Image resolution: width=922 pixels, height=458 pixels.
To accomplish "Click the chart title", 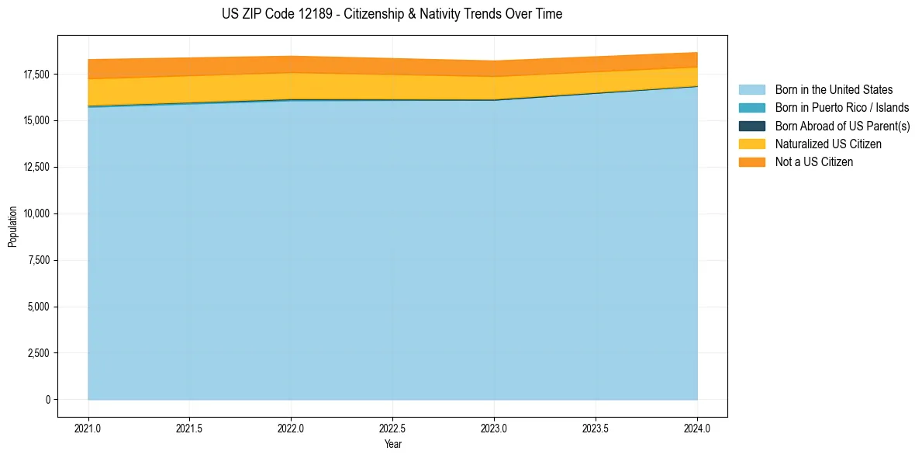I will pyautogui.click(x=392, y=14).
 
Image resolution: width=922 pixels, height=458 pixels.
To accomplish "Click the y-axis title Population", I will pyautogui.click(x=12, y=227).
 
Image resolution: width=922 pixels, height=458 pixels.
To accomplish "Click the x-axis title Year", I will pyautogui.click(x=392, y=445).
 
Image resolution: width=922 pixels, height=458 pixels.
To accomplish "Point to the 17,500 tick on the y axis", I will pyautogui.click(x=37, y=75).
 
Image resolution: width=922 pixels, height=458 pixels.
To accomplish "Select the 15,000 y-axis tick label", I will pyautogui.click(x=37, y=121).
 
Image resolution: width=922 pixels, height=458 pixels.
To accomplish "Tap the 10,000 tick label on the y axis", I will pyautogui.click(x=37, y=213).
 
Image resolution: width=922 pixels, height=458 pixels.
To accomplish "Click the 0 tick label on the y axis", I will pyautogui.click(x=48, y=400).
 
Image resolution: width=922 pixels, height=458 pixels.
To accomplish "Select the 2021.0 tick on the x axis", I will pyautogui.click(x=88, y=428).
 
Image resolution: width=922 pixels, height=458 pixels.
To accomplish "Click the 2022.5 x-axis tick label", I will pyautogui.click(x=392, y=428).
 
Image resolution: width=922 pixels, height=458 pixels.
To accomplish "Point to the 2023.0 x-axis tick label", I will pyautogui.click(x=494, y=428).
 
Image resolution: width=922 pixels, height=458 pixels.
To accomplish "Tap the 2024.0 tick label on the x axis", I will pyautogui.click(x=697, y=428).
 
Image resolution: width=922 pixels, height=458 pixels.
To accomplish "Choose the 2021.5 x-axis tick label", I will pyautogui.click(x=190, y=428).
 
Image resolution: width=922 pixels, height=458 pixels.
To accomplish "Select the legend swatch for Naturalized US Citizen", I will pyautogui.click(x=751, y=144).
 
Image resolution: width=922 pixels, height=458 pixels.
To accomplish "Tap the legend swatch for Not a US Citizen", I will pyautogui.click(x=751, y=162).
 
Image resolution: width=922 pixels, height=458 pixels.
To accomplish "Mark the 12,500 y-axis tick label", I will pyautogui.click(x=37, y=168).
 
